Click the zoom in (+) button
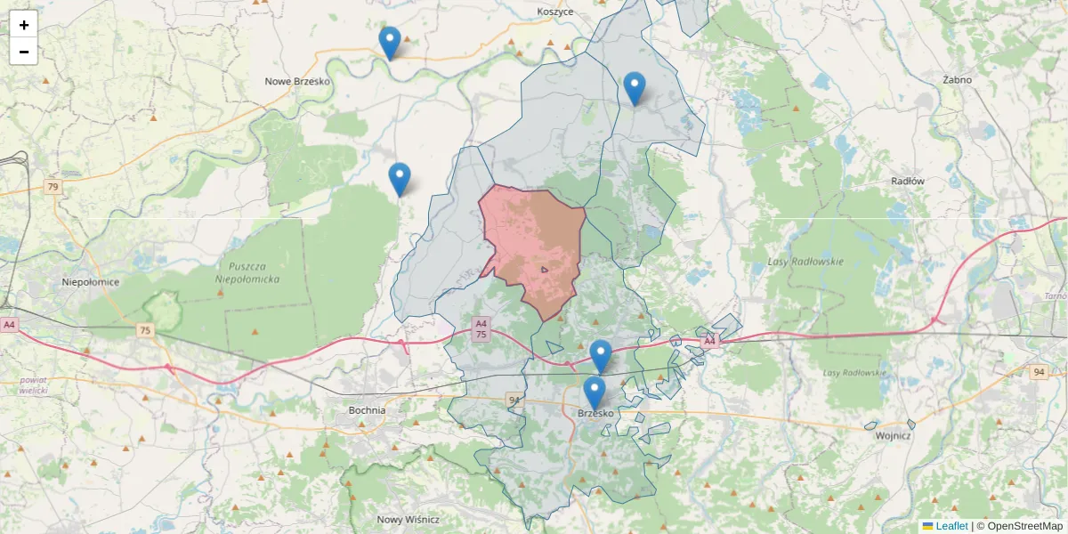coord(24,25)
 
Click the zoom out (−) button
coord(24,52)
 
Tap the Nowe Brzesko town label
coord(297,81)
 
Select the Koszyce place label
coord(555,12)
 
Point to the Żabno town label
coord(957,79)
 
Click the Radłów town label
coord(908,181)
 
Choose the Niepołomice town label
coord(90,282)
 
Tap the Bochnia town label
coord(367,410)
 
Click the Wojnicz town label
coord(893,436)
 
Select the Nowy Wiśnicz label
coord(408,520)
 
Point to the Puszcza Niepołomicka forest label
coord(248,272)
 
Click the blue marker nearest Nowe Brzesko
coord(389,43)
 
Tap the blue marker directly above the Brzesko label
coord(594,392)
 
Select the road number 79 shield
coord(53,187)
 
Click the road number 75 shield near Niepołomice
coord(144,330)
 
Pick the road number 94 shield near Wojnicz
coord(1039,371)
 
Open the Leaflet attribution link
coord(951,526)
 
